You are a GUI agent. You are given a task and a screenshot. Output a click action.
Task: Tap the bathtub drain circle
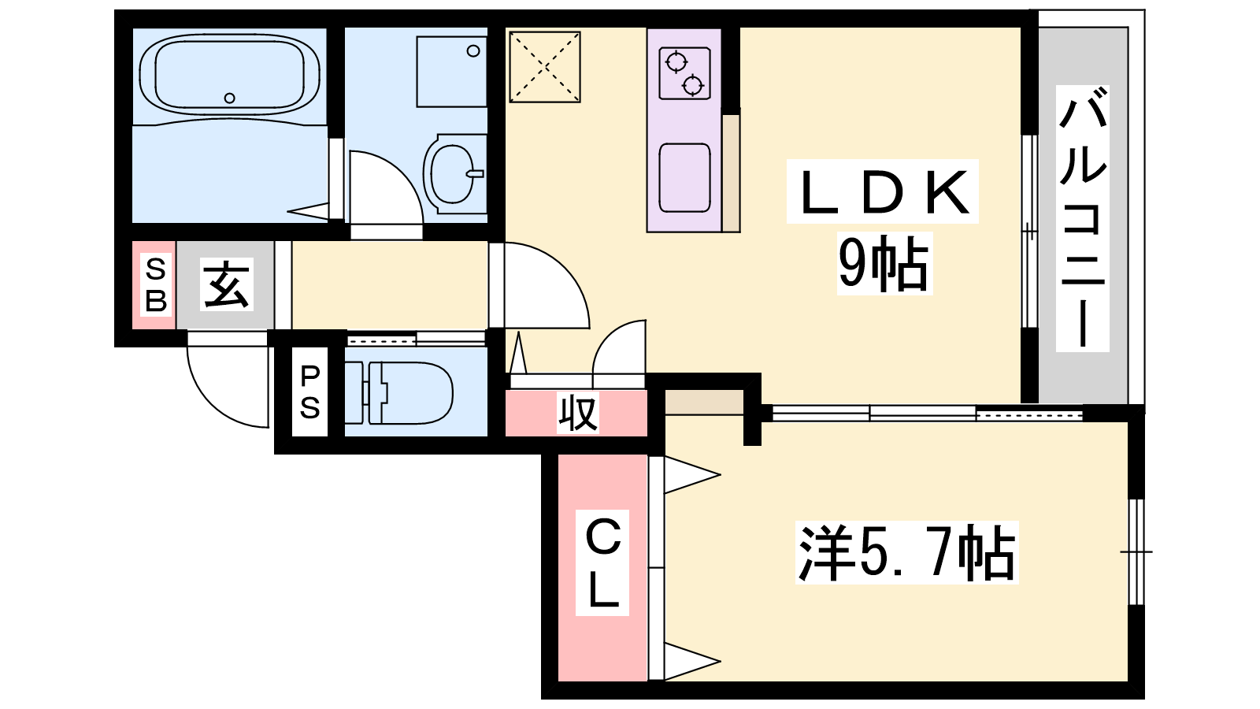pos(229,98)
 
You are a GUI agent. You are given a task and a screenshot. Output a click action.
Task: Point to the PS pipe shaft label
pos(309,392)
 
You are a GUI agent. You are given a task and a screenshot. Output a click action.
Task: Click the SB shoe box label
pos(156,284)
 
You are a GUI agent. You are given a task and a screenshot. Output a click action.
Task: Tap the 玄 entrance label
pos(227,284)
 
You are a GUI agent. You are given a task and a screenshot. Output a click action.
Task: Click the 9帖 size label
pos(884,264)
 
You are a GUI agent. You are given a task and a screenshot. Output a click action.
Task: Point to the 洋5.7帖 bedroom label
pos(906,553)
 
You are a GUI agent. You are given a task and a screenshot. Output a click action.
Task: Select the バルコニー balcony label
pos(1083,219)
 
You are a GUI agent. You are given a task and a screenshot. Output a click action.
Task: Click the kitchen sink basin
pos(684,178)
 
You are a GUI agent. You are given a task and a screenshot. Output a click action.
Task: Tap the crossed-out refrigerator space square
pos(545,67)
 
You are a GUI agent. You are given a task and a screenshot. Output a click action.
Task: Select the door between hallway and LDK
pos(543,288)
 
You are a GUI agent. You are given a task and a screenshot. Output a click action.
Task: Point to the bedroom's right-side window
pos(1136,551)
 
